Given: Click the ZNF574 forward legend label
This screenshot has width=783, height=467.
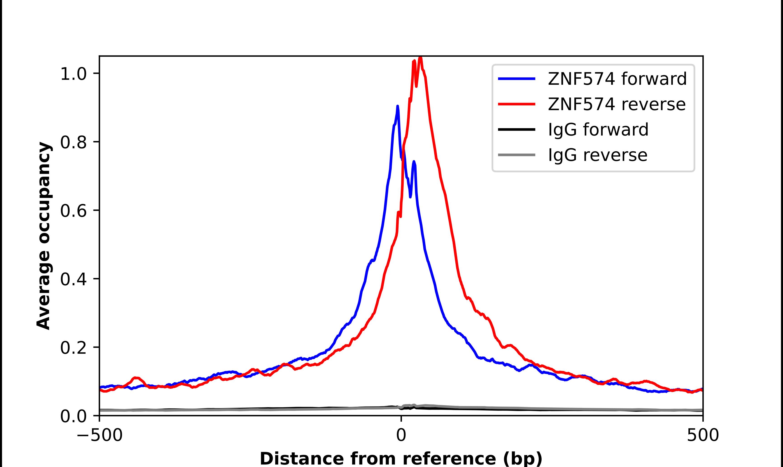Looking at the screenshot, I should pyautogui.click(x=617, y=79).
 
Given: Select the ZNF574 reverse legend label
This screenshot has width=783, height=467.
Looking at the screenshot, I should pyautogui.click(x=616, y=104).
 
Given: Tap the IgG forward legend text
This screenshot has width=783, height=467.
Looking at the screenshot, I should pyautogui.click(x=598, y=130).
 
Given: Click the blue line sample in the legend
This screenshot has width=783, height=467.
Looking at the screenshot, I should pyautogui.click(x=517, y=79).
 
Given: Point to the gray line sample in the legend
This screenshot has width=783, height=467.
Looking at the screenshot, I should pyautogui.click(x=517, y=155).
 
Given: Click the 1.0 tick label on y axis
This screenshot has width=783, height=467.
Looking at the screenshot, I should pyautogui.click(x=73, y=74).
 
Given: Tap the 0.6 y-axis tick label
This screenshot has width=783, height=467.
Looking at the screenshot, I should pyautogui.click(x=73, y=211).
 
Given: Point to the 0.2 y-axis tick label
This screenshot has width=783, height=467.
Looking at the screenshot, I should pyautogui.click(x=73, y=348).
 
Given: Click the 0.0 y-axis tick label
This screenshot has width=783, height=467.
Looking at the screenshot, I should pyautogui.click(x=73, y=416).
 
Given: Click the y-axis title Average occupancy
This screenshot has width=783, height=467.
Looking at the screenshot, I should pyautogui.click(x=43, y=236).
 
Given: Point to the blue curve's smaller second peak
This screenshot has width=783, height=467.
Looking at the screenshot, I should pyautogui.click(x=414, y=162).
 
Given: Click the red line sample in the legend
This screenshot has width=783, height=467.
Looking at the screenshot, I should pyautogui.click(x=517, y=104).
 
